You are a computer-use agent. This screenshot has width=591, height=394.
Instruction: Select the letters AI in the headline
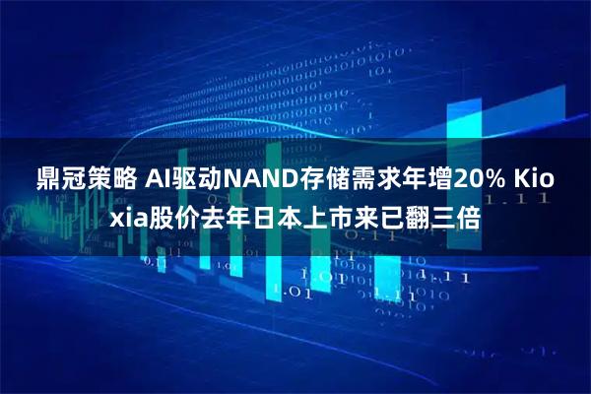click(x=156, y=180)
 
